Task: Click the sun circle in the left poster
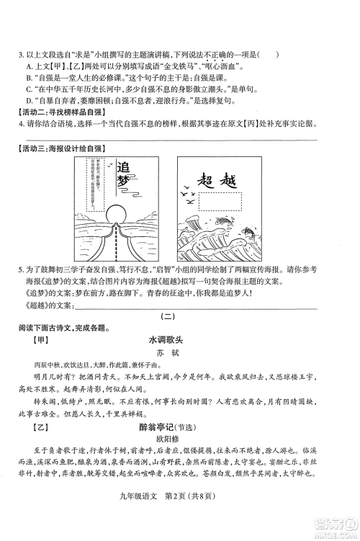click(x=117, y=216)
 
